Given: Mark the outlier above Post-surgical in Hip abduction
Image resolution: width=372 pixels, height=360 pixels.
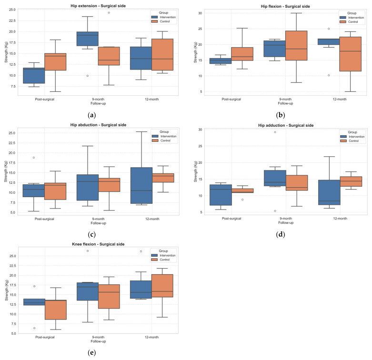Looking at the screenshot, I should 33,158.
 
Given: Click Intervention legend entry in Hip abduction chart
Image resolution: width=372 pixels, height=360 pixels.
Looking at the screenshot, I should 164,137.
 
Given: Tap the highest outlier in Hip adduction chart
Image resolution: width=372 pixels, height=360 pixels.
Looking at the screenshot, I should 275,132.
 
